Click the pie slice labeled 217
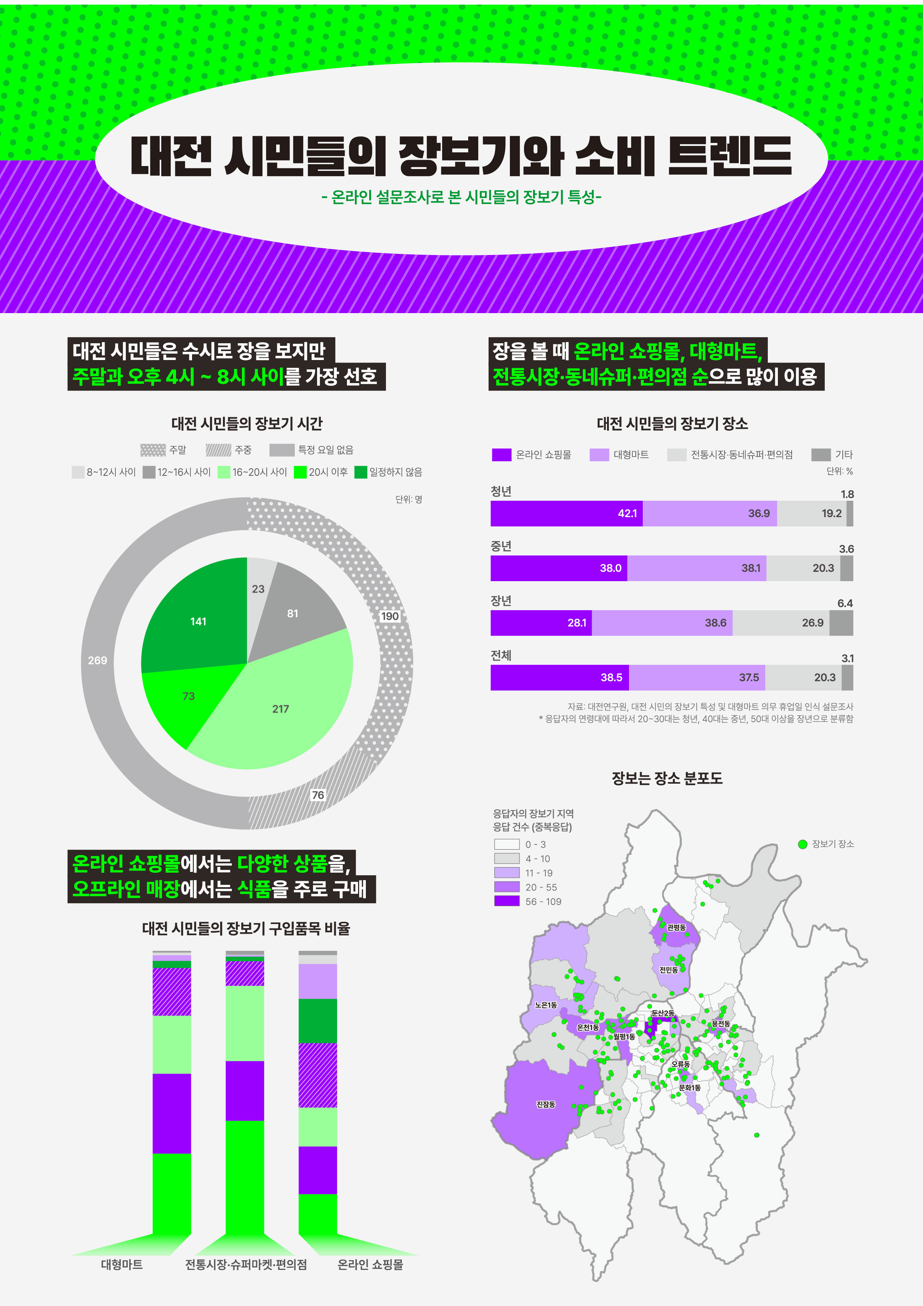280,709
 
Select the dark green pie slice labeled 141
198,621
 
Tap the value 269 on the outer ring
97,660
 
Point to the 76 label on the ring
318,794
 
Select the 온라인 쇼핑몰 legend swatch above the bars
501,455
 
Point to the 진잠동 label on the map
545,1104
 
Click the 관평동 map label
676,927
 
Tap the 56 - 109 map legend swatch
507,901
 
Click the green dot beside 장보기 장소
802,844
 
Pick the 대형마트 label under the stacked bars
122,1264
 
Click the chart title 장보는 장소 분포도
667,778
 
